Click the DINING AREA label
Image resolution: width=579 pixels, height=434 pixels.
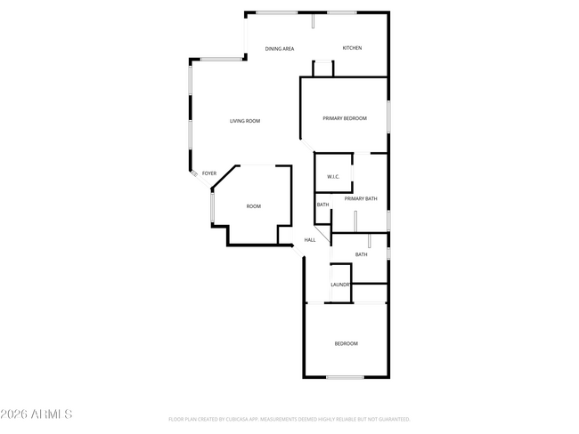tap(279, 48)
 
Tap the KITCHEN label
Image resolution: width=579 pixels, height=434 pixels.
tap(352, 48)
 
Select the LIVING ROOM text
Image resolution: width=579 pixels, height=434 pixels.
tap(244, 121)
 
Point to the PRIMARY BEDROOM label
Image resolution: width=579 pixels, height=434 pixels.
tap(345, 118)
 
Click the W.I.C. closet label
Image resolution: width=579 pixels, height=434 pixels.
tap(333, 176)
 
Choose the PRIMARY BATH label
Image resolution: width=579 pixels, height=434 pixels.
tap(361, 198)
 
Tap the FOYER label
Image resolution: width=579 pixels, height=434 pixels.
tap(209, 173)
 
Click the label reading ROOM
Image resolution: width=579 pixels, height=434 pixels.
tap(254, 206)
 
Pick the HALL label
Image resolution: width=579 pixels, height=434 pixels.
tap(310, 240)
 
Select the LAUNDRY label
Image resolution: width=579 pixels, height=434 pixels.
tap(340, 285)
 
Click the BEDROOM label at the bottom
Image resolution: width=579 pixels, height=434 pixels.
tap(346, 343)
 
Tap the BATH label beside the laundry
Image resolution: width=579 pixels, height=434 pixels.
tap(361, 255)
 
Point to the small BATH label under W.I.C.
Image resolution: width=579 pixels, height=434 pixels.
tap(322, 205)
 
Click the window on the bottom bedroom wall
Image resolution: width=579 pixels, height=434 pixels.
tap(344, 377)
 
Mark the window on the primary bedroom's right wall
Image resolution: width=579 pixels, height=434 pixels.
tap(388, 117)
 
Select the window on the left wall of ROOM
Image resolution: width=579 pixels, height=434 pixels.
tap(211, 206)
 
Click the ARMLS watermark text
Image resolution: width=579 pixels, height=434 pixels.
tap(37, 414)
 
